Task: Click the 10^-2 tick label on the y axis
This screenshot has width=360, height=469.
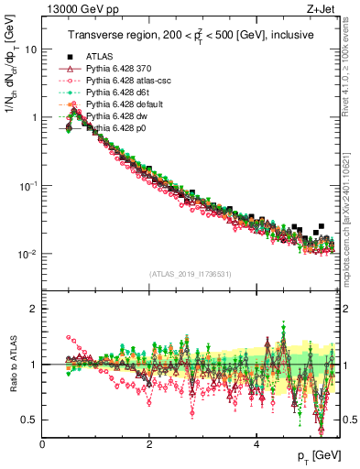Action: click(x=27, y=254)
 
